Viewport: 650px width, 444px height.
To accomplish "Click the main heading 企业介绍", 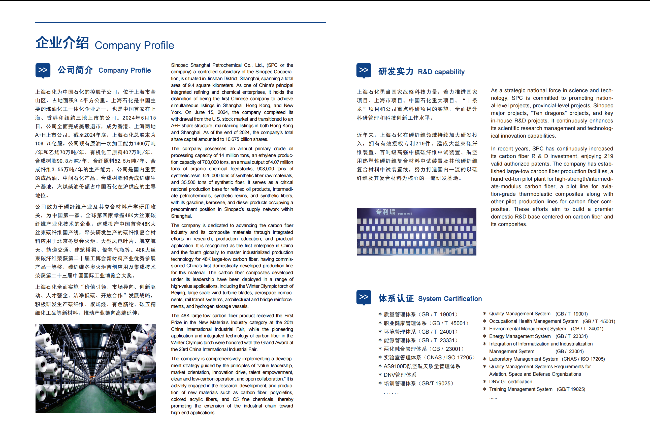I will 62,43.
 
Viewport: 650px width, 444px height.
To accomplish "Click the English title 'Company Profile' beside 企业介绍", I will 134,45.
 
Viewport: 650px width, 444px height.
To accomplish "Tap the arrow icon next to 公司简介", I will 43,70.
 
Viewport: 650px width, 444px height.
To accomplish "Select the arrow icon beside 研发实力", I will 364,70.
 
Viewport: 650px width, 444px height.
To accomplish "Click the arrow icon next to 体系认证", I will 364,297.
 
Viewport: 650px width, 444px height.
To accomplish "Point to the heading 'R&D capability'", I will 441,72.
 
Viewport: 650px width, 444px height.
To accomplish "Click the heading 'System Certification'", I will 450,299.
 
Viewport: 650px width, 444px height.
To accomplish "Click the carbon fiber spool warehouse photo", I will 96,368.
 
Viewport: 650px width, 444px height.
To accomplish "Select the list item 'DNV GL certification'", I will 510,382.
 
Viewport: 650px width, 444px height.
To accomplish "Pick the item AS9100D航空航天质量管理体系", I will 422,366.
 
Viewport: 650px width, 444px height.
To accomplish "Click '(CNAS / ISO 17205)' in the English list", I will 583,359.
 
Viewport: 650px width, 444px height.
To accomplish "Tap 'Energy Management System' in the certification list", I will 520,336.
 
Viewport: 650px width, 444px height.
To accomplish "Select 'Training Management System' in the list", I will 521,389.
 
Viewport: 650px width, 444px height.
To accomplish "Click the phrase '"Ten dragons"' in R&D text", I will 548,113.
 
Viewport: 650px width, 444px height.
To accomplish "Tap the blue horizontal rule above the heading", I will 180,22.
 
